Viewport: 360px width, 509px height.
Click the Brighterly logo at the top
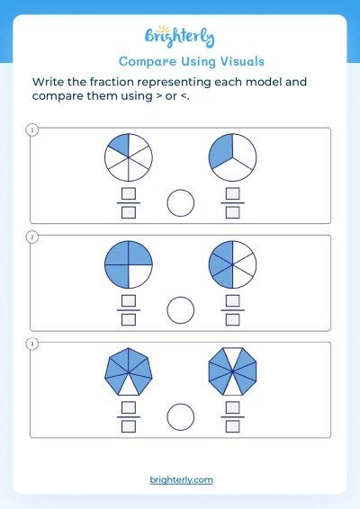point(180,36)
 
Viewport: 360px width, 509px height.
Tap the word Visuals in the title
point(242,61)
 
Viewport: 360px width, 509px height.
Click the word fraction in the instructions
point(111,82)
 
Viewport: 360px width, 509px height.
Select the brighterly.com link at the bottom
point(181,480)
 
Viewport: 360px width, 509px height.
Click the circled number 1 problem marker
point(31,130)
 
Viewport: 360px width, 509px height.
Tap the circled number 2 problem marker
point(31,237)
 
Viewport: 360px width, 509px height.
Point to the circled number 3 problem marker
point(31,344)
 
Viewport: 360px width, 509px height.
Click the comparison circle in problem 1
point(181,203)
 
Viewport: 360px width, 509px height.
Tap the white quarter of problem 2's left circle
point(139,275)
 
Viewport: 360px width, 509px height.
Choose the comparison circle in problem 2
point(181,310)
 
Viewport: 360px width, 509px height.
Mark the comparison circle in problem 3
point(181,416)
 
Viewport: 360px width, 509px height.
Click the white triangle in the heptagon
point(129,387)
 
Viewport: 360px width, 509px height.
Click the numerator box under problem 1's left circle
point(129,193)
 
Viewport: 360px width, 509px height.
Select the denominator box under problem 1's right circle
point(232,212)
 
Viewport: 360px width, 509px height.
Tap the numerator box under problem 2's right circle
point(232,301)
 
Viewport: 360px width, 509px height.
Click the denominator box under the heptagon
point(129,426)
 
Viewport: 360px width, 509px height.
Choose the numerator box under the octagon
point(232,407)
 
